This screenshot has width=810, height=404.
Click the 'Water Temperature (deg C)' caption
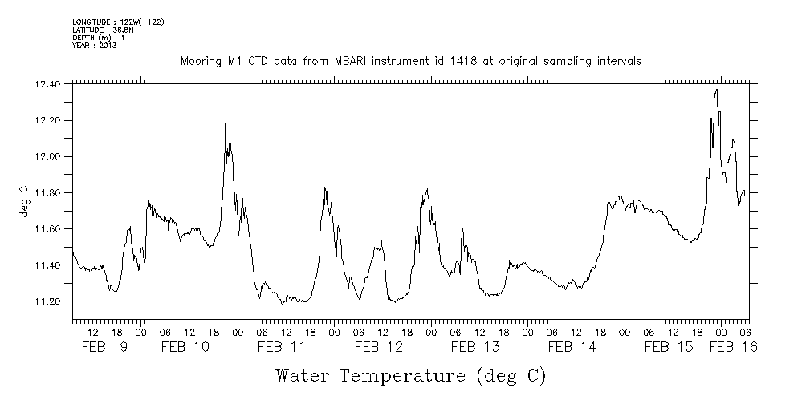point(410,375)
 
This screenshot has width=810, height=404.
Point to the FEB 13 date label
point(474,347)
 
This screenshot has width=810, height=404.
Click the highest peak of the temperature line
point(716,90)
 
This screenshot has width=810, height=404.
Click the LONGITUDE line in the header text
point(118,22)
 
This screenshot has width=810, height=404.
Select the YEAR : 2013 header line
point(96,46)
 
